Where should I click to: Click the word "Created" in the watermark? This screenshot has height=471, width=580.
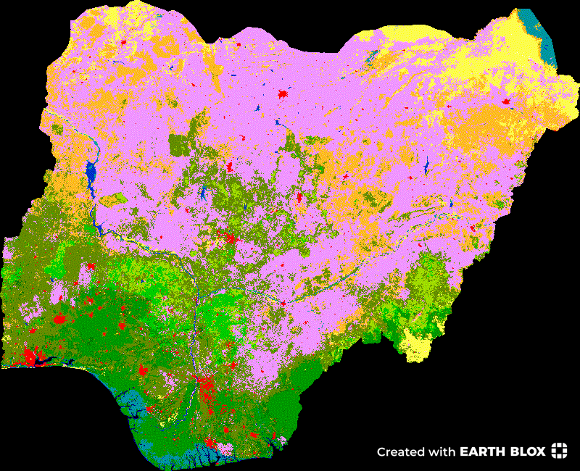399,452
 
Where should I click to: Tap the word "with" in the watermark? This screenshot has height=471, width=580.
442,452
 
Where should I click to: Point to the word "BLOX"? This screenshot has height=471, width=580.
529,452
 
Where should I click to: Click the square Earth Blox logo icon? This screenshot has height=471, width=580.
559,451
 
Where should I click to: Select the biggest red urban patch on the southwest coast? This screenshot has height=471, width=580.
30,356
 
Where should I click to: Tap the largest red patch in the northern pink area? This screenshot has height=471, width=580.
283,95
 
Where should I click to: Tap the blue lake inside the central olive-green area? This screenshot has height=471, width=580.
204,193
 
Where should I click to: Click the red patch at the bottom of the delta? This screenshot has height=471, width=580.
211,443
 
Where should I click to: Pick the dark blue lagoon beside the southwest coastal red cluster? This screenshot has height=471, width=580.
43,360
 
